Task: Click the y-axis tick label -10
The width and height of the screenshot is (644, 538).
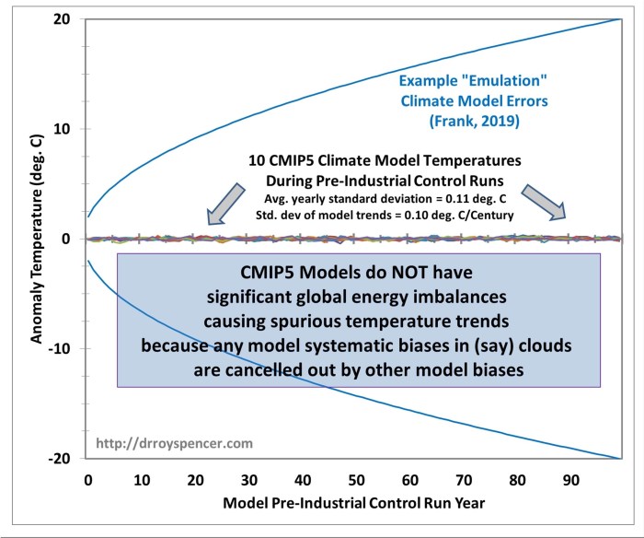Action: tap(60, 348)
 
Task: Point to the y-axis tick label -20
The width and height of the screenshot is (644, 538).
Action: tap(60, 458)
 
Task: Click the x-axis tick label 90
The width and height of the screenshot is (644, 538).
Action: tap(570, 480)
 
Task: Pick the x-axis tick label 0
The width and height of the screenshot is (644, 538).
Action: tap(87, 480)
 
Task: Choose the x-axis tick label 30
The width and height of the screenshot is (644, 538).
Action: tap(247, 480)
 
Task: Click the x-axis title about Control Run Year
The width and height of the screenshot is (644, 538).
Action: tap(355, 506)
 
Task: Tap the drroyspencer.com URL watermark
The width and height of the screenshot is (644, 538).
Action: tap(162, 444)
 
